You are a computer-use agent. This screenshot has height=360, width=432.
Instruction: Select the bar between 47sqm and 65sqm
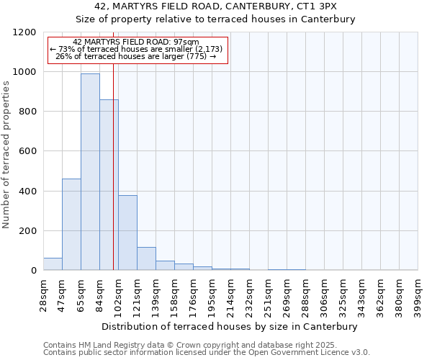tap(71, 224)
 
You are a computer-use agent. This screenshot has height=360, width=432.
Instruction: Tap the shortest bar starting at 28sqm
tap(53, 264)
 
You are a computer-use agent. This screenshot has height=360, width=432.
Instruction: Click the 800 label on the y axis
tap(27, 112)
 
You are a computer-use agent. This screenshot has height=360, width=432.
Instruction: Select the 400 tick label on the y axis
tap(27, 192)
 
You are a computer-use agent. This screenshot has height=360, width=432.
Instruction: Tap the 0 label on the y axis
tap(33, 271)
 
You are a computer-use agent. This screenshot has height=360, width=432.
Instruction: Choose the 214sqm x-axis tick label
tap(230, 292)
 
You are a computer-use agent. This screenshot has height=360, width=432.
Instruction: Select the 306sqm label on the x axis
tap(324, 292)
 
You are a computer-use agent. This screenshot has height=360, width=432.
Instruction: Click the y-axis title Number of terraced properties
tap(6, 155)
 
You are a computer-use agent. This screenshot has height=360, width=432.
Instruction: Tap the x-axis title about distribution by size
tap(230, 326)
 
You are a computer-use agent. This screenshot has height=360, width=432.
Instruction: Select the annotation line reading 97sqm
tap(137, 42)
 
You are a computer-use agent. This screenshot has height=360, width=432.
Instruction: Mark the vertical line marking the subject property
tap(113, 180)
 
